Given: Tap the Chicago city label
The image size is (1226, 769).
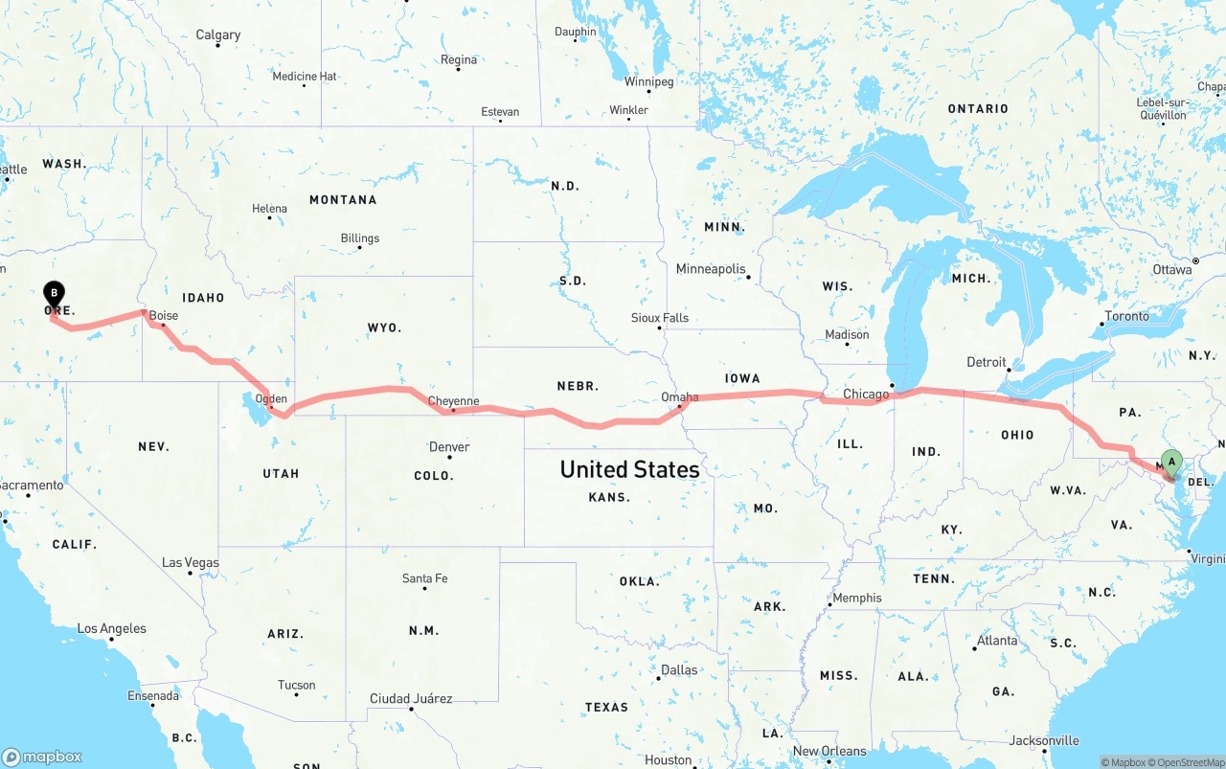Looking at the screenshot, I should (x=866, y=394).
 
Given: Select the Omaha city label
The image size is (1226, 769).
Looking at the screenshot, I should (x=679, y=396).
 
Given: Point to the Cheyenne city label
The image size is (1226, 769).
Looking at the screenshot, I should (x=453, y=401).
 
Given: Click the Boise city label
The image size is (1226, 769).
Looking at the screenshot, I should (x=164, y=315).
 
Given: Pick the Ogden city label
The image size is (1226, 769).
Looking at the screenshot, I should (x=271, y=398).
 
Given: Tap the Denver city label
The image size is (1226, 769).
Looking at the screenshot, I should (x=449, y=446).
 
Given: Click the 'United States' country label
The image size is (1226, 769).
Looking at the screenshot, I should (x=629, y=469).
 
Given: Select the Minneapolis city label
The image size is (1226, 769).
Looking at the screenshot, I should (x=711, y=269).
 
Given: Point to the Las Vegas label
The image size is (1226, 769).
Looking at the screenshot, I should (x=190, y=562).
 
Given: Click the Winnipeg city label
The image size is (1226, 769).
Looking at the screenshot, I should (x=648, y=81).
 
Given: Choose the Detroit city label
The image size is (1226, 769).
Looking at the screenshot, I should (x=987, y=362).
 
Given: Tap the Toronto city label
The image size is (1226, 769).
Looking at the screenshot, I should (x=1126, y=316).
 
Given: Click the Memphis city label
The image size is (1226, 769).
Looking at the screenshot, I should (x=857, y=598).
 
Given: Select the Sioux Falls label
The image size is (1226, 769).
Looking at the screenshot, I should (x=659, y=318).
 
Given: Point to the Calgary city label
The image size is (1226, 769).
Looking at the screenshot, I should (x=218, y=35).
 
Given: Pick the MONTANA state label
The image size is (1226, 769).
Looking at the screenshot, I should (x=343, y=199).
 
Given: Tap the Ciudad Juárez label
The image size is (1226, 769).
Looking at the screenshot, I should (x=411, y=698).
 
